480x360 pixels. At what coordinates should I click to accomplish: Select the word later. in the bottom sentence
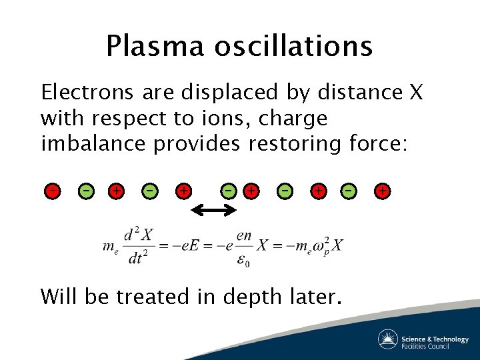[313, 296]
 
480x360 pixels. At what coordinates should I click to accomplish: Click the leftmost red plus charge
[51, 191]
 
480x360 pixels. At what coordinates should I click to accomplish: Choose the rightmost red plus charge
[382, 191]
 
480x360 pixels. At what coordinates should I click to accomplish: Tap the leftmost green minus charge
[85, 191]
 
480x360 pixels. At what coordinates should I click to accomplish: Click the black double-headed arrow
[214, 211]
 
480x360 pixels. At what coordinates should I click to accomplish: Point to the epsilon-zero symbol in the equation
[244, 261]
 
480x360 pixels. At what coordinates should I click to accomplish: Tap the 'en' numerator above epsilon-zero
[244, 235]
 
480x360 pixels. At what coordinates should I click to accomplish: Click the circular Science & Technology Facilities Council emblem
[388, 339]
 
